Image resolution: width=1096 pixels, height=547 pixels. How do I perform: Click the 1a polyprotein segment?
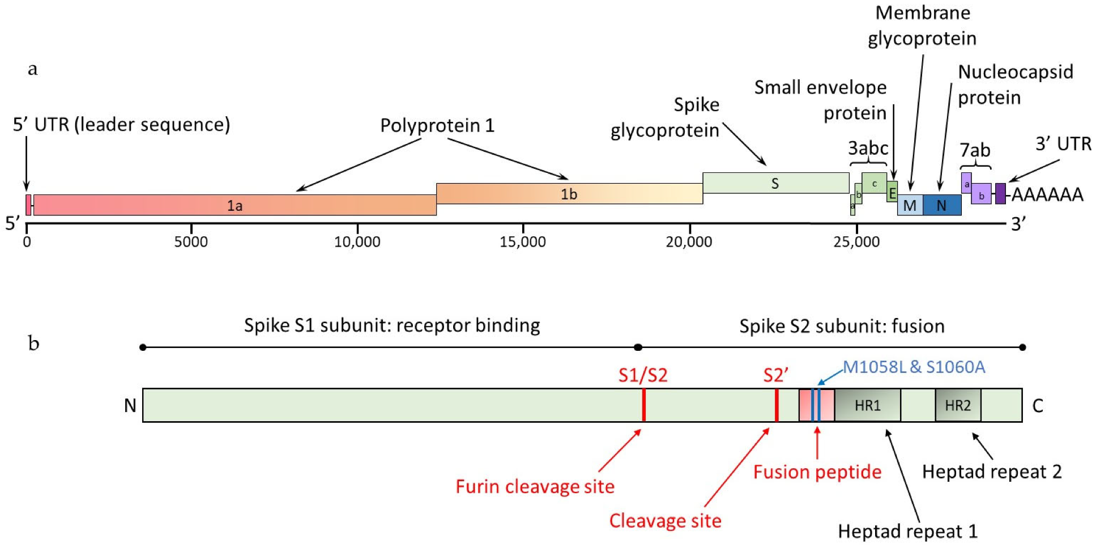(x=234, y=205)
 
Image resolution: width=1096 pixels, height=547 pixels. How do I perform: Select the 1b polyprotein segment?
(x=569, y=194)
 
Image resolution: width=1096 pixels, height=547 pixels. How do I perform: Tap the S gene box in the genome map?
(x=775, y=183)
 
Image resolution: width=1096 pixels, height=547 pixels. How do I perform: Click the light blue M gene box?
(x=910, y=205)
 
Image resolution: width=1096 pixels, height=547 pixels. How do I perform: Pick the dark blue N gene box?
(x=941, y=205)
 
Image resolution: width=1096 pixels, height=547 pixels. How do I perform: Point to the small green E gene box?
(x=892, y=193)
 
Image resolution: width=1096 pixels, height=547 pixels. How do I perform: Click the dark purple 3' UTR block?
(x=1000, y=193)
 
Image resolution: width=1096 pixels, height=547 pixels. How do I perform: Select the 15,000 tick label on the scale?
(x=522, y=242)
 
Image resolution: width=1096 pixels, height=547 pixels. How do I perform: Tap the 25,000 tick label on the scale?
(x=856, y=242)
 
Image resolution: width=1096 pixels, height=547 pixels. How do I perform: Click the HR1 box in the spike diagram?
(x=867, y=405)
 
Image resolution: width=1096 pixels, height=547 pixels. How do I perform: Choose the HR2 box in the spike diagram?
(x=957, y=405)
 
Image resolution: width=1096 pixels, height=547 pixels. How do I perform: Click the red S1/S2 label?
(x=643, y=375)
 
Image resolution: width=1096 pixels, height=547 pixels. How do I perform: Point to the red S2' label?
(x=775, y=375)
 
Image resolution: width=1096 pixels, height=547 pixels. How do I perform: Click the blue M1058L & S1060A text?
(x=914, y=367)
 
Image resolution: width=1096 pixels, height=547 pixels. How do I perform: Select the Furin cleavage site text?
(x=535, y=486)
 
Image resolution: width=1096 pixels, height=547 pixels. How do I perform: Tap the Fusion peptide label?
(x=817, y=472)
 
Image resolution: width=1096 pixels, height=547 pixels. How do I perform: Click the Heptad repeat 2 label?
(x=991, y=472)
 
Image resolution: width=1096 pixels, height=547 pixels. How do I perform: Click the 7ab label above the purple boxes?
(x=974, y=150)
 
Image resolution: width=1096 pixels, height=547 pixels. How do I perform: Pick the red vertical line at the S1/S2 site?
(x=644, y=405)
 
